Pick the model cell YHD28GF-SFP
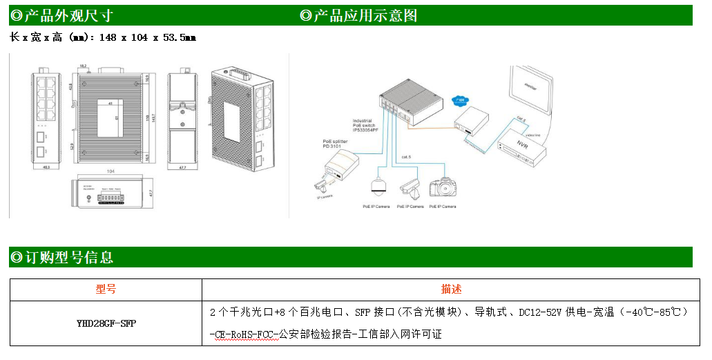(106, 323)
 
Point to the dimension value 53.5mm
(180, 37)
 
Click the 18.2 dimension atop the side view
(83, 65)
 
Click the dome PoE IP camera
(377, 185)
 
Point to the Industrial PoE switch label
(366, 124)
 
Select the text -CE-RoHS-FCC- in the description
(242, 334)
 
